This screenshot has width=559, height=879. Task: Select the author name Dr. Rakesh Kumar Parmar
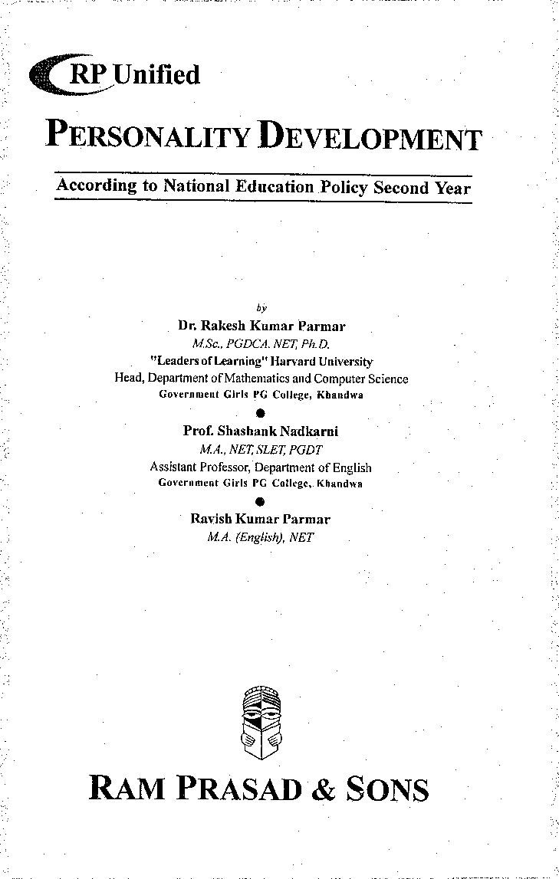pos(261,326)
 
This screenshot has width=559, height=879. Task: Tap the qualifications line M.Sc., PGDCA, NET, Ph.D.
pos(261,343)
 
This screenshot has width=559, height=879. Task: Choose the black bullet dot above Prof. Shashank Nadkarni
pos(261,413)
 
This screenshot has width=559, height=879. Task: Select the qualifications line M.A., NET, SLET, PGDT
pos(261,450)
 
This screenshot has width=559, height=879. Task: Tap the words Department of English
pos(314,467)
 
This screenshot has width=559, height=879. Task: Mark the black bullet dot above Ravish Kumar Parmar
pos(261,502)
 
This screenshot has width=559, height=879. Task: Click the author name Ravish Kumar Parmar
pos(261,520)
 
